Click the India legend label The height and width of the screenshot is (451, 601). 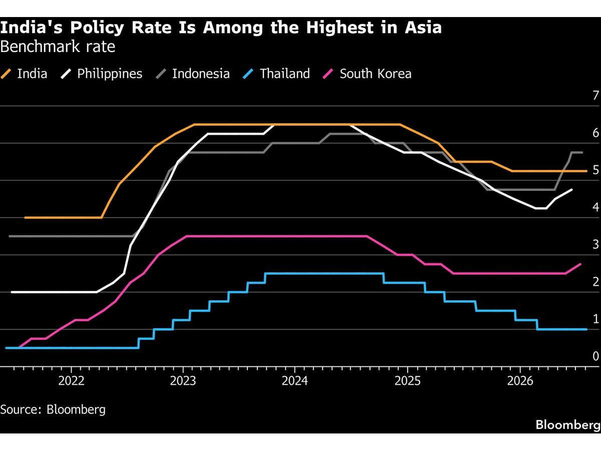32,74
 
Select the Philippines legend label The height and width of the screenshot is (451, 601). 110,74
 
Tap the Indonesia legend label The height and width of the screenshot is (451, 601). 201,74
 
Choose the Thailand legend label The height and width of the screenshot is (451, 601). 285,74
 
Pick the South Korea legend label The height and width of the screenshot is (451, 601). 376,74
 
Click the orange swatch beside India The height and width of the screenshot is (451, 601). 6,74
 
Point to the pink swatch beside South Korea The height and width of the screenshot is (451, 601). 328,74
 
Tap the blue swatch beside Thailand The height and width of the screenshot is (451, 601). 248,74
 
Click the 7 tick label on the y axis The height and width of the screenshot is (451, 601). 596,96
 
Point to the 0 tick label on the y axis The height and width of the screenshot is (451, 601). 596,356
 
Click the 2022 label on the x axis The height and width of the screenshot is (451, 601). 72,381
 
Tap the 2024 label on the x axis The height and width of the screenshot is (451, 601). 295,381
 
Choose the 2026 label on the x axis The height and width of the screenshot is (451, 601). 520,381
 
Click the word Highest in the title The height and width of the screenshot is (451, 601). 340,28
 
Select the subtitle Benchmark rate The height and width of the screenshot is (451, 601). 58,47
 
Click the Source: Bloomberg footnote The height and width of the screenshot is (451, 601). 53,409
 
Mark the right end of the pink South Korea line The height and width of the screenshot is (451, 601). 580,264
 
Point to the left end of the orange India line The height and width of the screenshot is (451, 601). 25,217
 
